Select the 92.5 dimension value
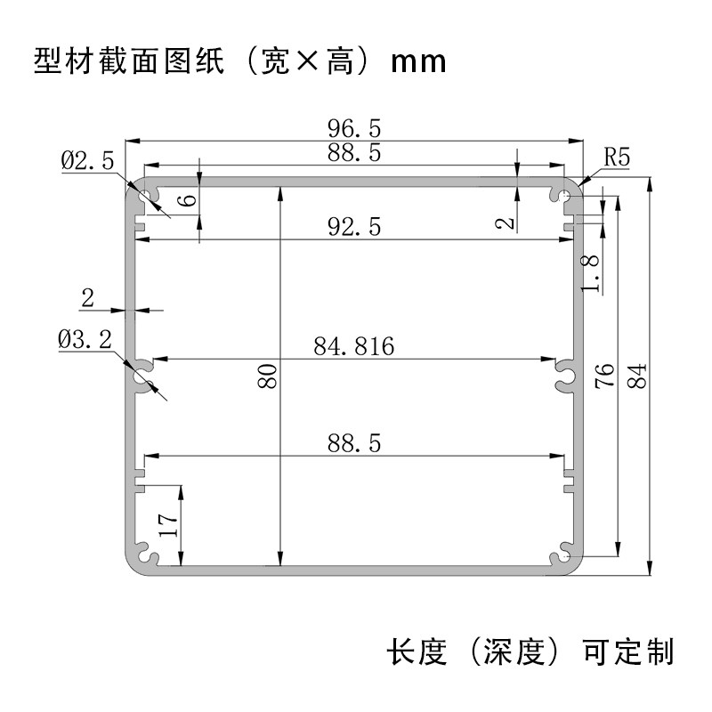pos(354,228)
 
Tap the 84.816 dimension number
pos(353,346)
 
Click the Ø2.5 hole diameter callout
pos(87,161)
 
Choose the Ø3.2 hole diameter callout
pos(85,339)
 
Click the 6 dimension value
pos(186,199)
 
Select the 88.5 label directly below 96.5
pos(354,153)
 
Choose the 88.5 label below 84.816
pos(353,442)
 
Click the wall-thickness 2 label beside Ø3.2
pos(87,298)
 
